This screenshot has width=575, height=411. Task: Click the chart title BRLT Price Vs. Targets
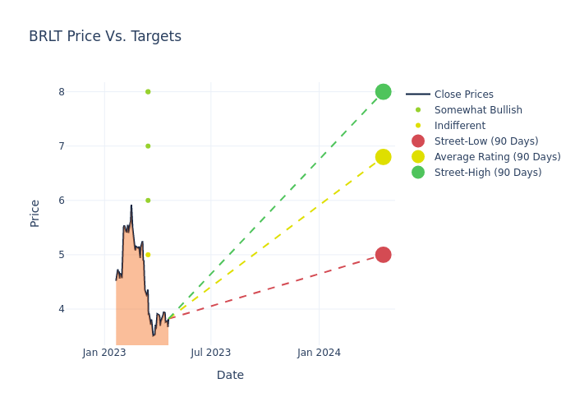[105, 37]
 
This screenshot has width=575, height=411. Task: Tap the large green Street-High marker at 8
[383, 91]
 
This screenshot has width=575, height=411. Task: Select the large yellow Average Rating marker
[383, 157]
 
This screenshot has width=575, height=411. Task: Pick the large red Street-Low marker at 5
[383, 255]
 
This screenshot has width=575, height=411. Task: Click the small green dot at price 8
[148, 91]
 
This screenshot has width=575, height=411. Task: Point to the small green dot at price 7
[148, 145]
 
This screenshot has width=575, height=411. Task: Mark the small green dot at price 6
[148, 201]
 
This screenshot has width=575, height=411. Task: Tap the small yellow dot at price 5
[148, 255]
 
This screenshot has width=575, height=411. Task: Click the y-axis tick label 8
[61, 92]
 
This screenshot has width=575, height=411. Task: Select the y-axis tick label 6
[61, 201]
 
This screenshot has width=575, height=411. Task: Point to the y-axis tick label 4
[61, 309]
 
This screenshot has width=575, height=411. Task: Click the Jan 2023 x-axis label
[104, 353]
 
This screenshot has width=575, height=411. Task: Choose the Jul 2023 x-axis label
[211, 353]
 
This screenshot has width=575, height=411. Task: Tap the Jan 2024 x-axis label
[319, 353]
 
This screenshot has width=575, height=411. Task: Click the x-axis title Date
[230, 376]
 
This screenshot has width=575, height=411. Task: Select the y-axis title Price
[35, 213]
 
